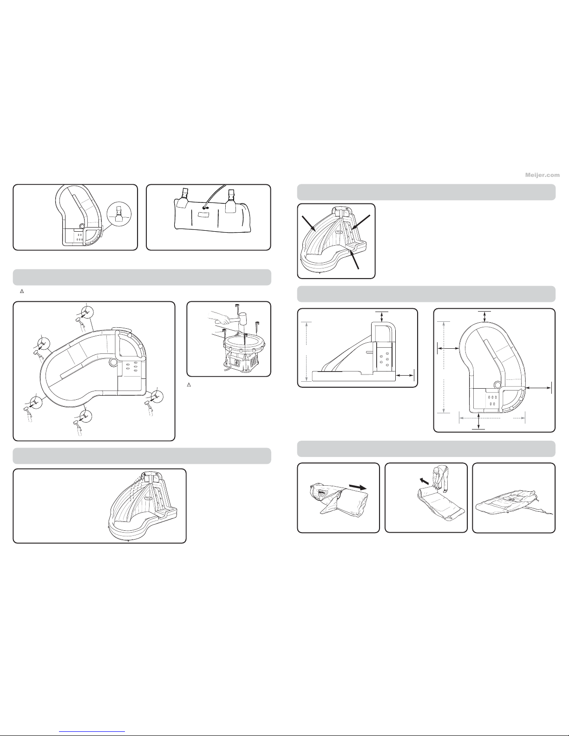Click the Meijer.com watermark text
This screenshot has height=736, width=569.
point(542,175)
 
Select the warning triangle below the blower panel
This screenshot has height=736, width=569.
point(190,385)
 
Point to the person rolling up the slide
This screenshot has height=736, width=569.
point(441,478)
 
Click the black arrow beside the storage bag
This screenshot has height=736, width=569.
point(357,488)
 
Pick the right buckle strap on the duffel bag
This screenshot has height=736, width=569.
point(232,198)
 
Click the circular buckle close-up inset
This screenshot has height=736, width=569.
point(119,214)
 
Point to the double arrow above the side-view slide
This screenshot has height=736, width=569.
point(382,317)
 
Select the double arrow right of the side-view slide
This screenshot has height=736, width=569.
point(405,375)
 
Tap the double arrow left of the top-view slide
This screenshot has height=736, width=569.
point(448,348)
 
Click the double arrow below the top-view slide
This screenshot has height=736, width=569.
point(478,420)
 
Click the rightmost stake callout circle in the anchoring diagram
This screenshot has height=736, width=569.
point(157,396)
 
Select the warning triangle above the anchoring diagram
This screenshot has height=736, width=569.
point(22,291)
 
